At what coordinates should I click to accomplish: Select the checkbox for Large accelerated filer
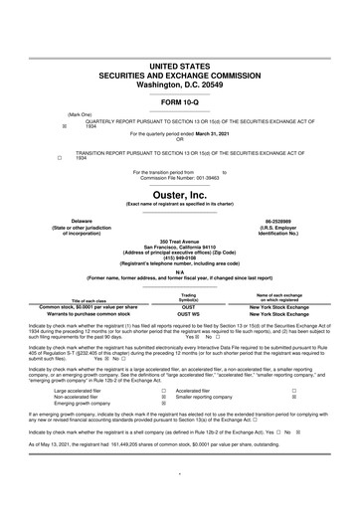click(x=162, y=392)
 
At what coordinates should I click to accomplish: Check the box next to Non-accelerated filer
click(x=162, y=399)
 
